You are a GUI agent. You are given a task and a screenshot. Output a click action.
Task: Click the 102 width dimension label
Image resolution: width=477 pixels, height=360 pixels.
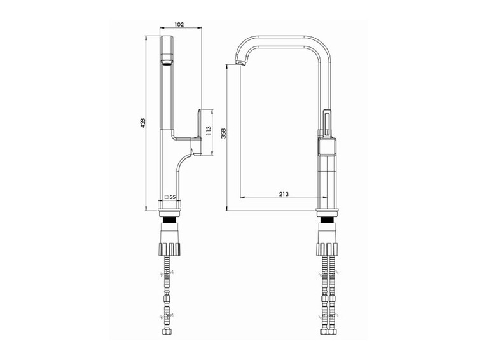pyautogui.click(x=180, y=25)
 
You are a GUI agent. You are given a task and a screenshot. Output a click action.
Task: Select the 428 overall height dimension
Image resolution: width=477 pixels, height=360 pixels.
pyautogui.click(x=144, y=123)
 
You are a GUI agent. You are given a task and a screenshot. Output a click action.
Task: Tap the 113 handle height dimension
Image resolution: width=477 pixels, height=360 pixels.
pyautogui.click(x=209, y=130)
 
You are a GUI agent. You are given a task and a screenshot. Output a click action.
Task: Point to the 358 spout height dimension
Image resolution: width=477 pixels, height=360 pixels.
pyautogui.click(x=224, y=134)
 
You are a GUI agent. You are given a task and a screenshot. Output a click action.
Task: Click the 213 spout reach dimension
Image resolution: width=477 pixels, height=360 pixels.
pyautogui.click(x=284, y=194)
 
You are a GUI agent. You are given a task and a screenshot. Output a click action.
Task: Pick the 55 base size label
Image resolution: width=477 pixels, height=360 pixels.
pyautogui.click(x=172, y=197)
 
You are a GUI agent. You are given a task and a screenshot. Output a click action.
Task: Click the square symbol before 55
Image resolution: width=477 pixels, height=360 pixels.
pyautogui.click(x=167, y=197)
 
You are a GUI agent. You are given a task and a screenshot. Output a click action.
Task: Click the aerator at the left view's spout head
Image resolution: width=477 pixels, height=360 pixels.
pyautogui.click(x=167, y=63)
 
